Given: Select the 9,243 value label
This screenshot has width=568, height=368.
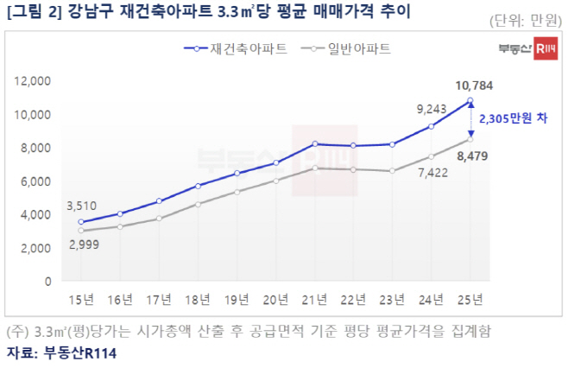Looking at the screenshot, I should pyautogui.click(x=432, y=109).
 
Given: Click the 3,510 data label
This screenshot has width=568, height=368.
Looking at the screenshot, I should pyautogui.click(x=81, y=206).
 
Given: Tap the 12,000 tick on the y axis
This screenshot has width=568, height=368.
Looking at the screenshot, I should pyautogui.click(x=34, y=81).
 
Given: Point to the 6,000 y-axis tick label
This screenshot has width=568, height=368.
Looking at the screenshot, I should pyautogui.click(x=37, y=181).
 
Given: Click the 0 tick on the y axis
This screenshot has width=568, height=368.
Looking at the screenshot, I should pyautogui.click(x=49, y=282).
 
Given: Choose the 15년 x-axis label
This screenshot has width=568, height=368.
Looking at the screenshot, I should pyautogui.click(x=80, y=300).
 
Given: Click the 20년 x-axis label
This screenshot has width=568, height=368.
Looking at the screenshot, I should pyautogui.click(x=275, y=300).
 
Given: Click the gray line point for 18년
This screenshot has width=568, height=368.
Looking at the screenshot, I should pyautogui.click(x=198, y=204).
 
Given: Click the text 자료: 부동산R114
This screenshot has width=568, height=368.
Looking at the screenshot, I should pyautogui.click(x=61, y=353).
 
